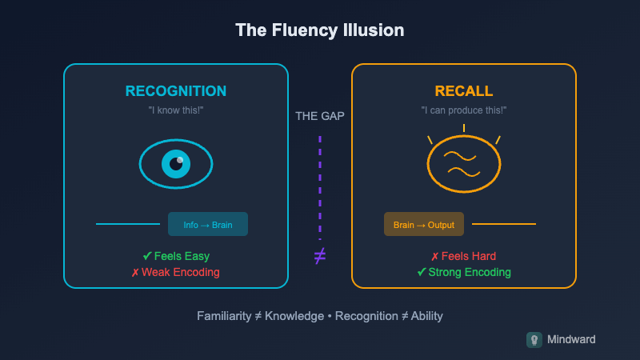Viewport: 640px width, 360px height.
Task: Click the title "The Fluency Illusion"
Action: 320,30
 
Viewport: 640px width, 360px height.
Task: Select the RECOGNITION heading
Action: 176,91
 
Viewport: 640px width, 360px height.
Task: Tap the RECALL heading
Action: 464,91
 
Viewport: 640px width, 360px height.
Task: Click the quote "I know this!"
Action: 176,110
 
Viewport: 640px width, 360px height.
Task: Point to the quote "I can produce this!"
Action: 464,110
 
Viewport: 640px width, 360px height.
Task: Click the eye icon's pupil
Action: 176,164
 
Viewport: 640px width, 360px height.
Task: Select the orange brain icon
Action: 464,165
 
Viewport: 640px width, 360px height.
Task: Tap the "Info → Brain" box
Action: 208,224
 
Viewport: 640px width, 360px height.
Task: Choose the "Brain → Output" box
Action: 424,224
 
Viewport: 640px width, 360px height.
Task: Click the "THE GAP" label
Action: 320,116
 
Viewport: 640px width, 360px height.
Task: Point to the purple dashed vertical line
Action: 320,184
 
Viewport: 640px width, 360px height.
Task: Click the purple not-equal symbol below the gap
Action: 320,256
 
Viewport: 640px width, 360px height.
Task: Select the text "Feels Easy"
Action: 181,256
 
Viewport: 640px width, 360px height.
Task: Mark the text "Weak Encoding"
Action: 181,272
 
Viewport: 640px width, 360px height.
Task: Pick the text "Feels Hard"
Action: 469,256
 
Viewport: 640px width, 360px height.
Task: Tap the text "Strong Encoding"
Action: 469,272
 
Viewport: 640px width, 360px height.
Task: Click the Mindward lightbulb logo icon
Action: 534,339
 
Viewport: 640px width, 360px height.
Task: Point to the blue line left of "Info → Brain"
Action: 128,224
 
